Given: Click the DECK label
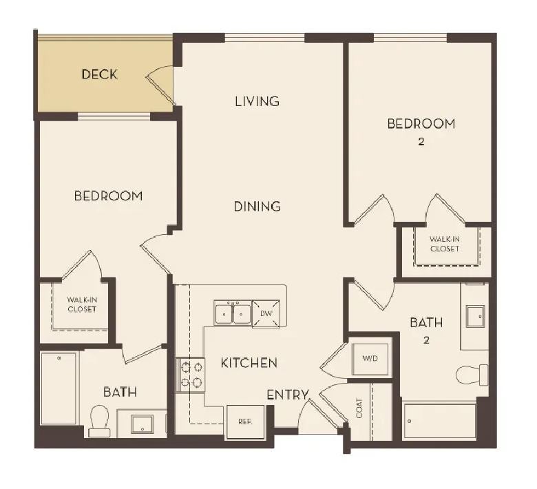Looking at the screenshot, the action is coord(100,74).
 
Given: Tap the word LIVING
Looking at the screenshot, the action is coord(257,101).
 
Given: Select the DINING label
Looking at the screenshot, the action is coord(257,207).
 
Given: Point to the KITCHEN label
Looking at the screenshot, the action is coord(249,362).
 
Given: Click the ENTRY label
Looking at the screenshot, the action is coord(288,395).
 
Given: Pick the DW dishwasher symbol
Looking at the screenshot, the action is coord(266,313).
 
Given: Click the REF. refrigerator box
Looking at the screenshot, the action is coord(245,422).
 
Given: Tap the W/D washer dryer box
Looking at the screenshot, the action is coord(370,359).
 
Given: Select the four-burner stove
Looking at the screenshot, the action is coord(191,375).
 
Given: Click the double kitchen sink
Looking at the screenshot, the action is coord(233,313).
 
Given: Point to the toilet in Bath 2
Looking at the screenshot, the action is coord(472,375).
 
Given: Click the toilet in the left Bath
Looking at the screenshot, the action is coord(99,421).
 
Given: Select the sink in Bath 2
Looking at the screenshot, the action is coord(475,316).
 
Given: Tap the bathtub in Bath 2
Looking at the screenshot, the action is coord(439,421).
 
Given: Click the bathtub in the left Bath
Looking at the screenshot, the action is coord(59,388).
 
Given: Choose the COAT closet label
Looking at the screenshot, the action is coord(359,408).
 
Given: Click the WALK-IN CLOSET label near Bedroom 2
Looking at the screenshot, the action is coord(445,244).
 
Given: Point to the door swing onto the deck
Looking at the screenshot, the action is coord(160,85).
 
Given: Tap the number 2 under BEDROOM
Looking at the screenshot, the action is coord(421,141).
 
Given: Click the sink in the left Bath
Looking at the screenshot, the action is coord(142,424).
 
